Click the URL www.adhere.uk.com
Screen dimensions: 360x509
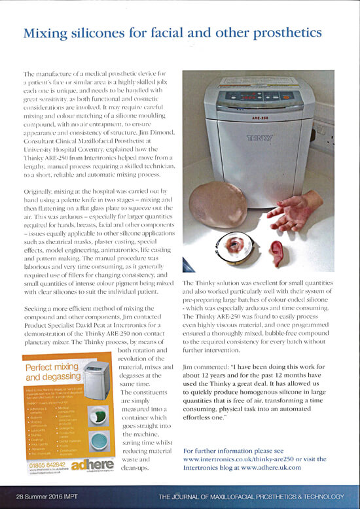(x=274, y=468)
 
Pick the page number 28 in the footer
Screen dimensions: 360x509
(x=22, y=495)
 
